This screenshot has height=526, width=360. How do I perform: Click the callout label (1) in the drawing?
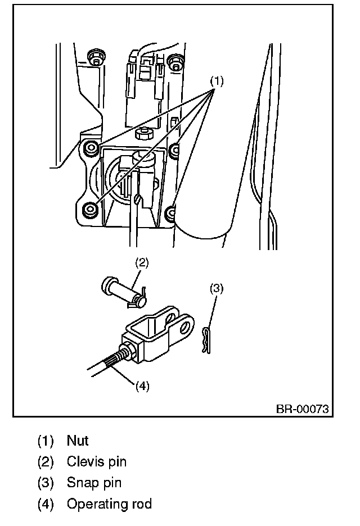(x=217, y=81)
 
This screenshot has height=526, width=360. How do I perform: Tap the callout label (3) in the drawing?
(x=217, y=288)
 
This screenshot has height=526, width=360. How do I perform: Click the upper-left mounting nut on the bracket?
(x=90, y=149)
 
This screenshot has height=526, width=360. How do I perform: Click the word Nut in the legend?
(x=78, y=441)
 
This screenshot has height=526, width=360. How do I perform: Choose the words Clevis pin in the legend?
(x=96, y=462)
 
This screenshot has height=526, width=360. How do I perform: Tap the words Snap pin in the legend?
(x=94, y=483)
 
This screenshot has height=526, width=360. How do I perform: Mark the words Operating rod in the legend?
(x=109, y=504)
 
